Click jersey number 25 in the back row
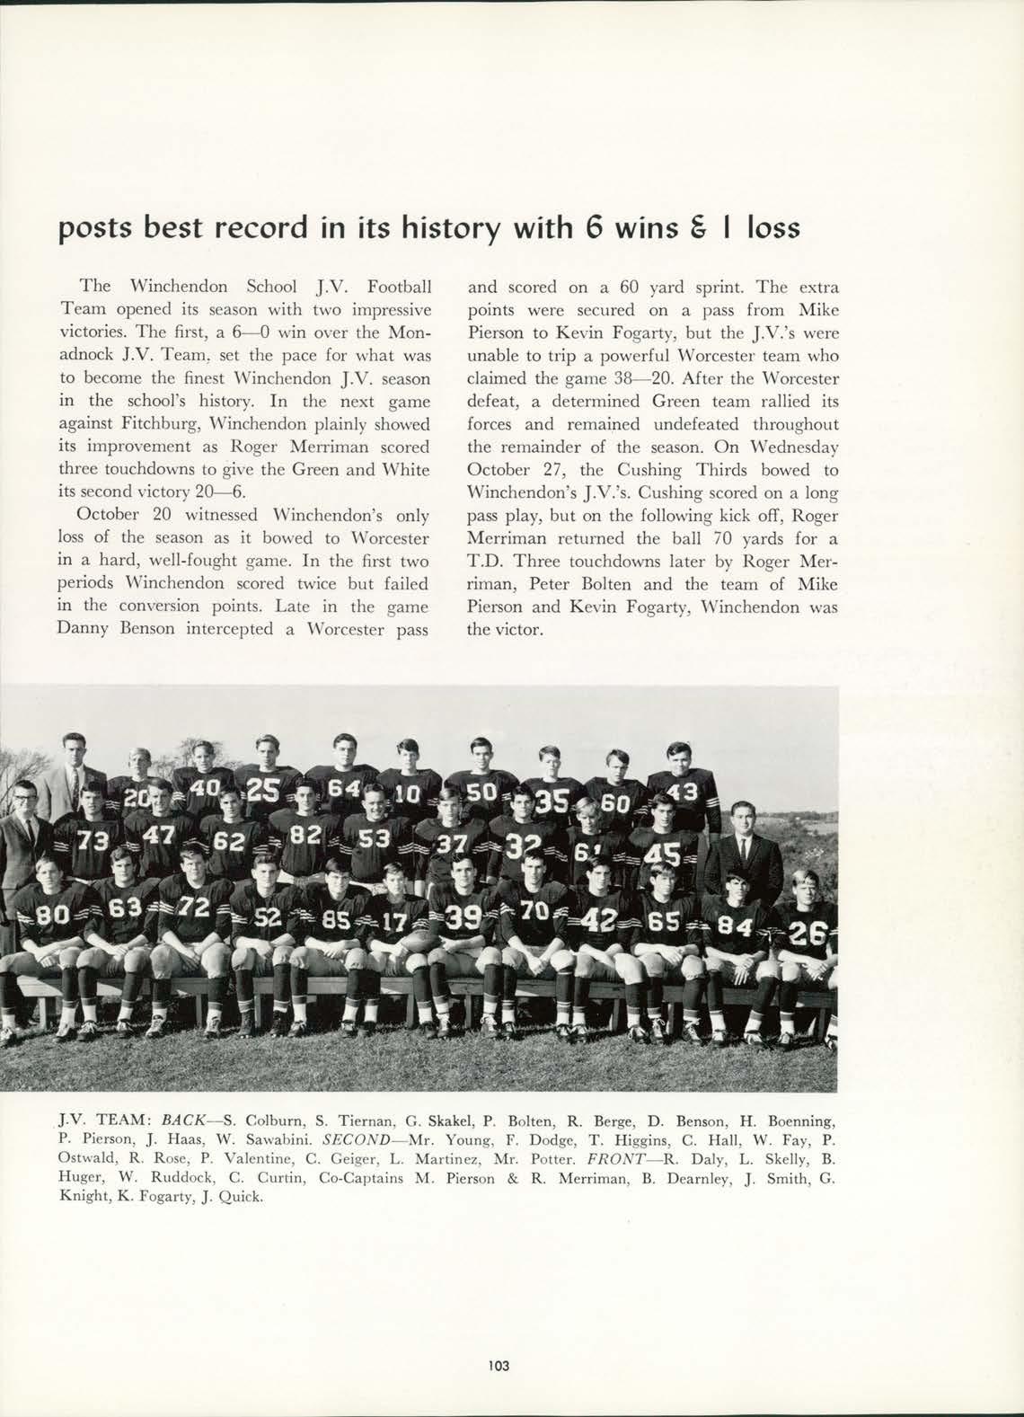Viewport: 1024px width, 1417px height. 262,790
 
